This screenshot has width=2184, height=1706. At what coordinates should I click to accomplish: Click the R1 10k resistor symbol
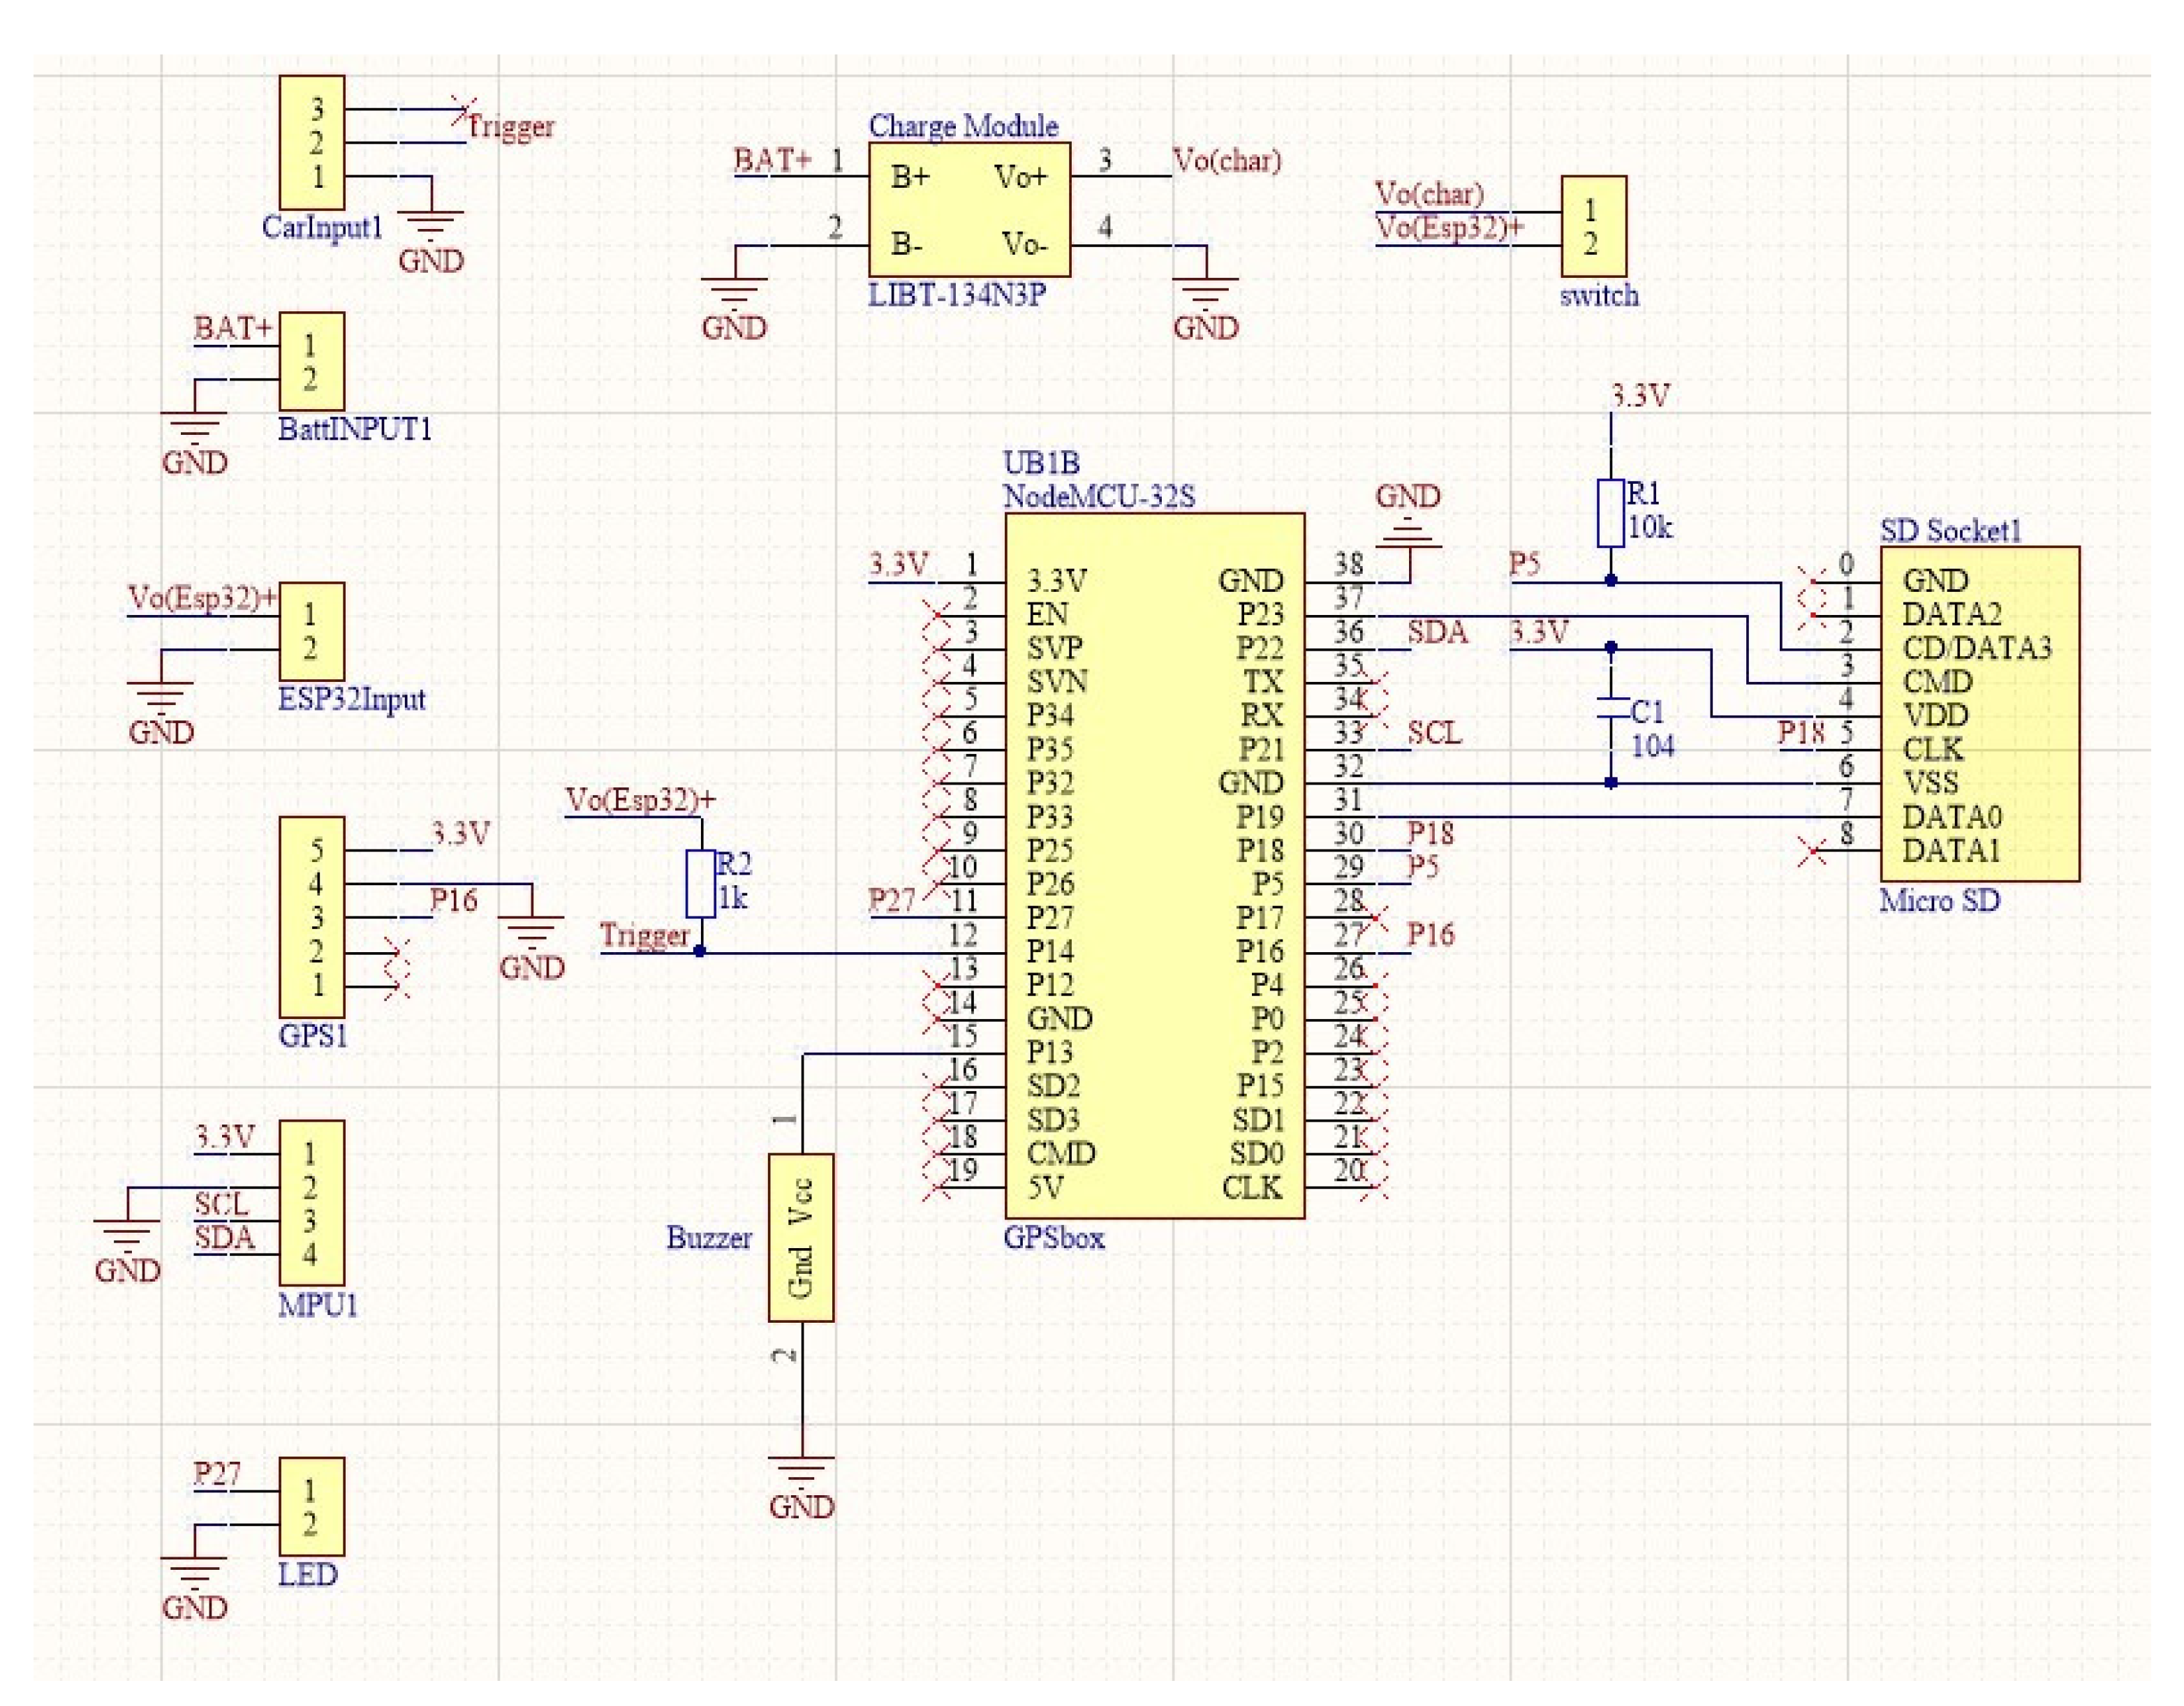click(1610, 513)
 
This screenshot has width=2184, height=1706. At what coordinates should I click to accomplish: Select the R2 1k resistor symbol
click(700, 884)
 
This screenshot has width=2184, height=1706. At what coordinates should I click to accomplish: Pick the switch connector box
click(1593, 227)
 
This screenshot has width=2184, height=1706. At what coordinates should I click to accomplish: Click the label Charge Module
click(963, 126)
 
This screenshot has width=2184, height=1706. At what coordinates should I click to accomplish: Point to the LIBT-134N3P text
click(957, 295)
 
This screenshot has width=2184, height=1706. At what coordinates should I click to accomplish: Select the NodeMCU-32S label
click(1099, 496)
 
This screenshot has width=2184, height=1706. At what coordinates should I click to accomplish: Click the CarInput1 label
click(322, 228)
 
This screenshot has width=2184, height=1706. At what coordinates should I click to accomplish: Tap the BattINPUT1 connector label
click(355, 429)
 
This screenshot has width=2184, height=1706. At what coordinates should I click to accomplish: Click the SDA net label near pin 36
click(1437, 632)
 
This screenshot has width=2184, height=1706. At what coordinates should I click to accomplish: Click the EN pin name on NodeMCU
click(1047, 614)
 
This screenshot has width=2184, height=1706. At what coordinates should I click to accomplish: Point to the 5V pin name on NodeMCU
click(1045, 1188)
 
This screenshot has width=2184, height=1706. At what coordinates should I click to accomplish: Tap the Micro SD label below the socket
click(1939, 901)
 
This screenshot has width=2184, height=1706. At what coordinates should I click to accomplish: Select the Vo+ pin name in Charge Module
click(1020, 177)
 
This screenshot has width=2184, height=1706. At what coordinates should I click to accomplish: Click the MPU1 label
click(317, 1305)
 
